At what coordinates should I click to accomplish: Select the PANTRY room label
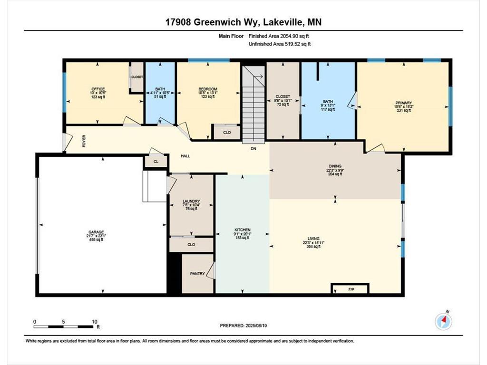point(197,274)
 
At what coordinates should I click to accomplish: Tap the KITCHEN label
point(242,230)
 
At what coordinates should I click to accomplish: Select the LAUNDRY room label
point(191,201)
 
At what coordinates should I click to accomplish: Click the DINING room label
point(335,166)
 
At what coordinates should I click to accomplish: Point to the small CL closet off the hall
point(156,162)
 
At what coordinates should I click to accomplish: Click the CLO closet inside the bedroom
point(227,133)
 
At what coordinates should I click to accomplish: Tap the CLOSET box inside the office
point(137,77)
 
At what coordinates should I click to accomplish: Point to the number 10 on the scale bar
point(93,321)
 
